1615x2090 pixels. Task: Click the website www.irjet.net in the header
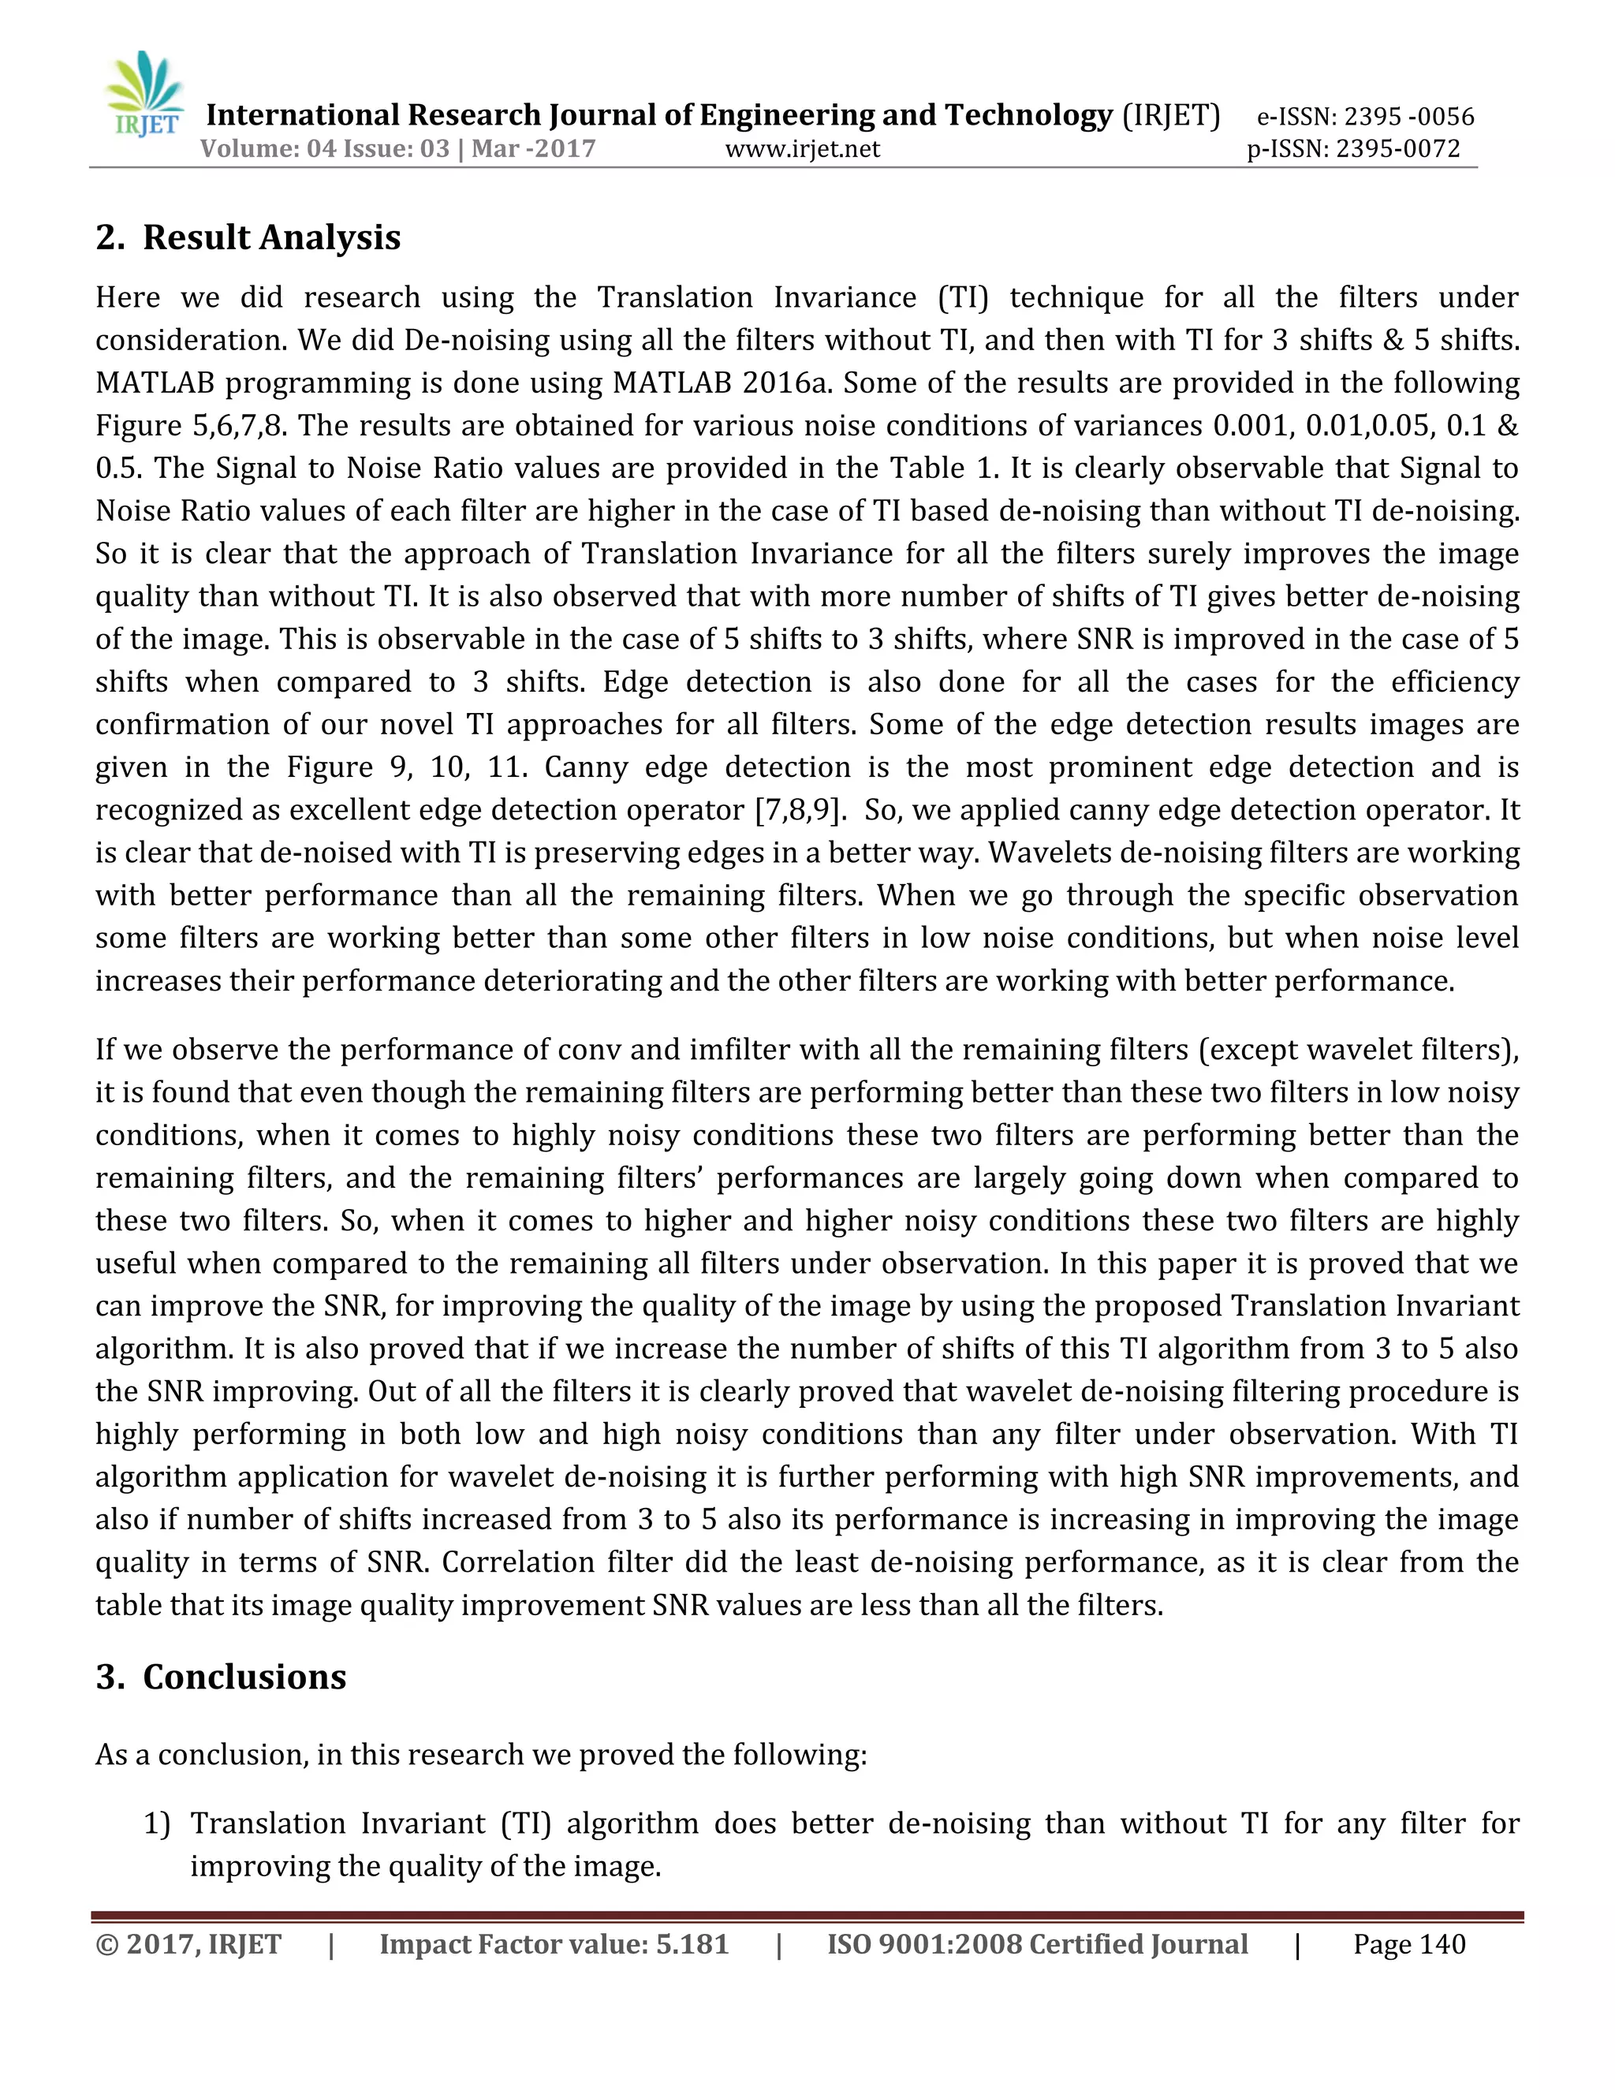tap(802, 149)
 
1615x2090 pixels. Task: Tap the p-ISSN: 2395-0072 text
tap(1353, 149)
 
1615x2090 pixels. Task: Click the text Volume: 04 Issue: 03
tap(324, 149)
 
